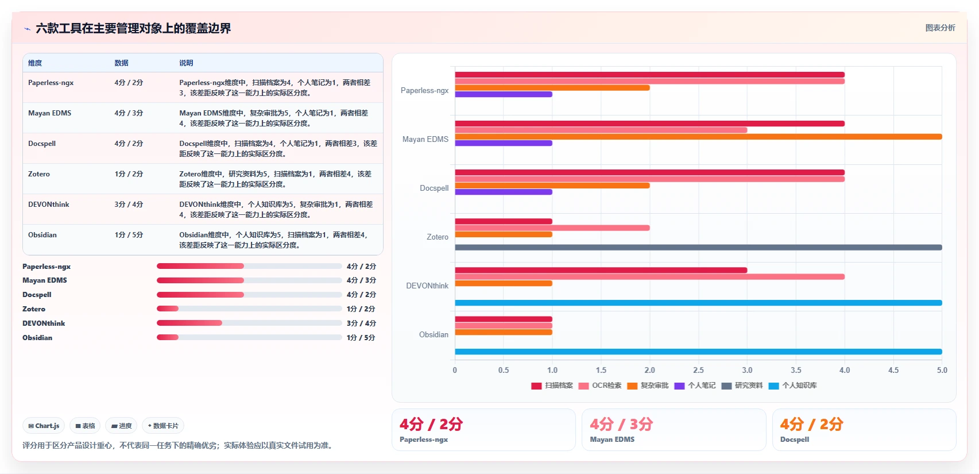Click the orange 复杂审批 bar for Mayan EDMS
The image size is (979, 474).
tap(698, 137)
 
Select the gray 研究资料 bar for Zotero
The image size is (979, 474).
tap(698, 248)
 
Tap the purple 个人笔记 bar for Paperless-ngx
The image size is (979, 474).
tap(504, 94)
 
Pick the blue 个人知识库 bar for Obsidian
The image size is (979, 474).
tap(698, 352)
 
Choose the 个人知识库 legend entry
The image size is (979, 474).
tap(792, 386)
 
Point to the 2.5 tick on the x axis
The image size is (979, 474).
tap(698, 370)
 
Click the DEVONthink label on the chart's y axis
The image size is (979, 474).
tap(427, 286)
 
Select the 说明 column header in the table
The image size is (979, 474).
tap(186, 63)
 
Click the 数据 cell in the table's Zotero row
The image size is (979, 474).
tap(129, 174)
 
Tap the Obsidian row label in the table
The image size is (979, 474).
tap(42, 235)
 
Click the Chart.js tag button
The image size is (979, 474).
tap(44, 426)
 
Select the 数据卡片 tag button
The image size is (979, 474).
tap(163, 426)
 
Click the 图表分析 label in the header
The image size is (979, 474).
tap(940, 28)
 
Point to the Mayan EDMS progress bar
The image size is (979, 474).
tap(249, 280)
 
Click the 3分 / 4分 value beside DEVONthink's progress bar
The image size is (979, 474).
tap(361, 323)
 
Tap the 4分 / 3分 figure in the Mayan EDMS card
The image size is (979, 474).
tap(621, 423)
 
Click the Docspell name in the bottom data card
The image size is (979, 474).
tap(795, 440)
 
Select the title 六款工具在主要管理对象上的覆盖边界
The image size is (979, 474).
tap(133, 28)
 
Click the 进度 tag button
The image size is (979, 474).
tap(121, 426)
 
